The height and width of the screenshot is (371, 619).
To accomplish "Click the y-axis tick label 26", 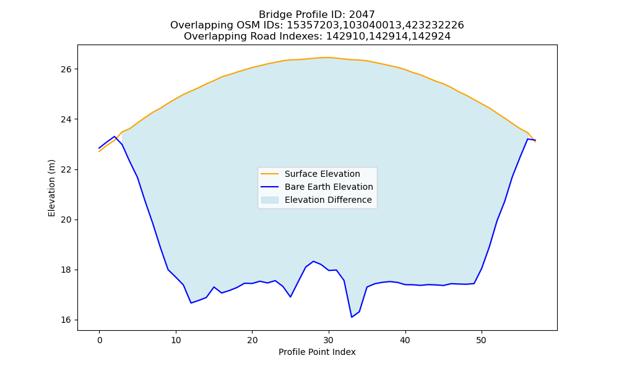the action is (x=66, y=69).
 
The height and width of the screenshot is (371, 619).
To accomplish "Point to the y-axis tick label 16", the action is (x=66, y=320).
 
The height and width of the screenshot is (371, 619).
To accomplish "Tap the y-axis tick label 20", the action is (x=66, y=220).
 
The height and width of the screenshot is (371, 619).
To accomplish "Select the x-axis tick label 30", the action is (x=329, y=340).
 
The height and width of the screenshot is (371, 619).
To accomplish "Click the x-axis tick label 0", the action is (x=100, y=340).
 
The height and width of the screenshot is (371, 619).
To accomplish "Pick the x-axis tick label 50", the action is (x=481, y=340).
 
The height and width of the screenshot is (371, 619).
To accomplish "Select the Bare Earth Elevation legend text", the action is (x=329, y=187).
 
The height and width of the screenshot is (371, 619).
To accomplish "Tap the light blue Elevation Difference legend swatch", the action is (x=270, y=200).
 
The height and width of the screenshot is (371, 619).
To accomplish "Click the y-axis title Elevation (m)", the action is (x=51, y=188).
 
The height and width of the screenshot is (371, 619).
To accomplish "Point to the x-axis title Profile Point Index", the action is (x=317, y=352).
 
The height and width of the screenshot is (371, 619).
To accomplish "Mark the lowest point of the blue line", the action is (x=352, y=317).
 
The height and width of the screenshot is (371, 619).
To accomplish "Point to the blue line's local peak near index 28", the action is (x=313, y=262).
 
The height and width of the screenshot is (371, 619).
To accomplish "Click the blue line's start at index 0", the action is (x=100, y=148).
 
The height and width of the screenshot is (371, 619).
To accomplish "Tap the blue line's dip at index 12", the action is (x=191, y=303).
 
